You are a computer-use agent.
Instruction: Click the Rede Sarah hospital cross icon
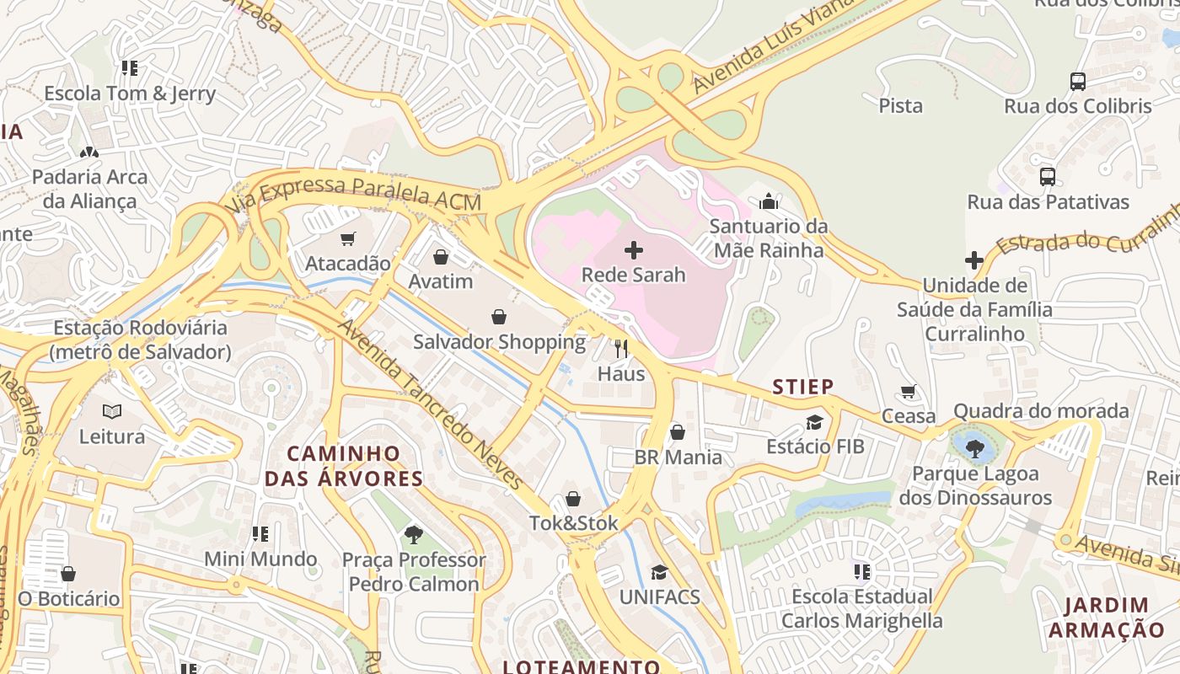634,250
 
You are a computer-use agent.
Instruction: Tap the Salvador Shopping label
499,342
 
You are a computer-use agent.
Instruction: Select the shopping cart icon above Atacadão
348,239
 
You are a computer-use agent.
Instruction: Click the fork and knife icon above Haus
621,349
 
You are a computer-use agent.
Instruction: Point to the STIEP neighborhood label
803,387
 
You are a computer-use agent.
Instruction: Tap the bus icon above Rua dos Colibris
1077,82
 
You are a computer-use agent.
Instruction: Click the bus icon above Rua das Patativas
1047,177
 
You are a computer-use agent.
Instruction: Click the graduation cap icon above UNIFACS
658,572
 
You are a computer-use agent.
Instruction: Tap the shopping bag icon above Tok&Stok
573,499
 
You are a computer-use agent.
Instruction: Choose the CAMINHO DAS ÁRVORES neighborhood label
344,466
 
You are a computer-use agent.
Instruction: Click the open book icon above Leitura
112,412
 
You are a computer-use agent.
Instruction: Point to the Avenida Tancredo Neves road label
432,405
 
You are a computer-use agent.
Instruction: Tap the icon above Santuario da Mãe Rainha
768,202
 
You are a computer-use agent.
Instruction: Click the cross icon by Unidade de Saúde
973,260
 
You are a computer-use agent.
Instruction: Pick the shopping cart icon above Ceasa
908,391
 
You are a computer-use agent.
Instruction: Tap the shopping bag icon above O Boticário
68,574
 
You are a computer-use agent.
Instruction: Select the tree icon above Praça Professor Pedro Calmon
413,534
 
